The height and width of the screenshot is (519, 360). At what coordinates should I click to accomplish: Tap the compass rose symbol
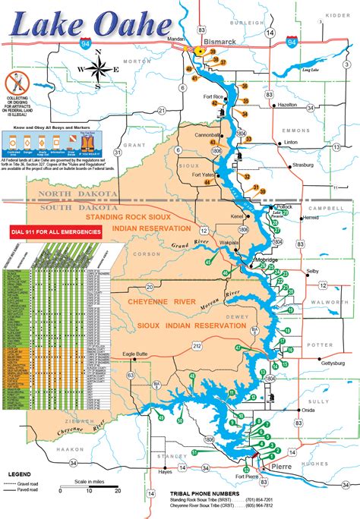[x=98, y=69]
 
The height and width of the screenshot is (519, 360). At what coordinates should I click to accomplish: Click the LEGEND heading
[x=20, y=474]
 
